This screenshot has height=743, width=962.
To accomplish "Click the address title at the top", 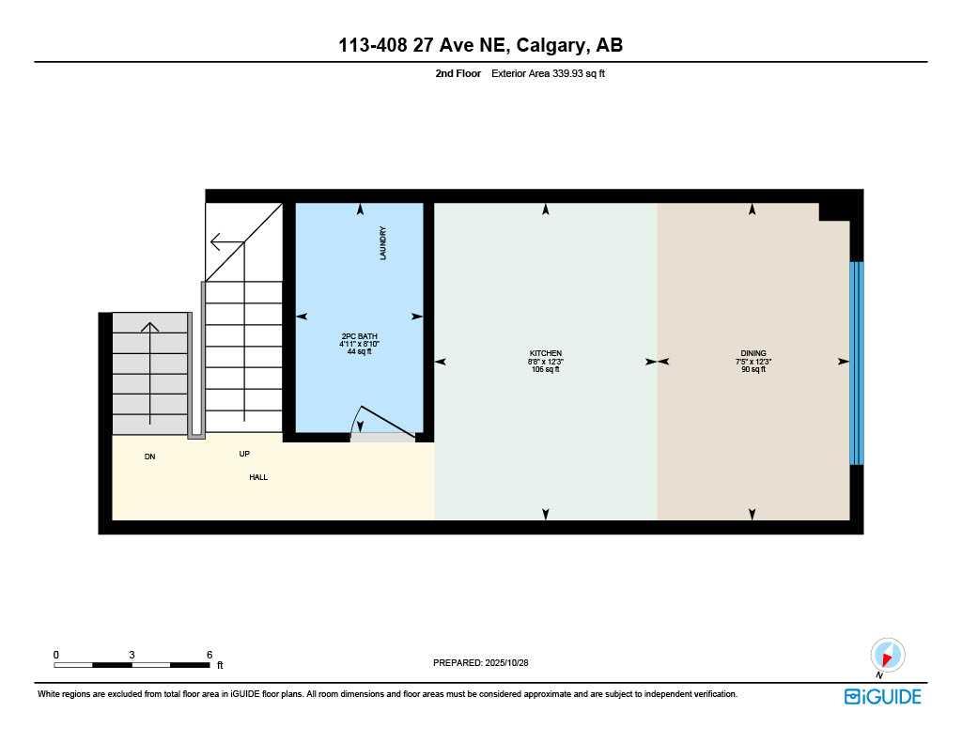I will click(480, 45).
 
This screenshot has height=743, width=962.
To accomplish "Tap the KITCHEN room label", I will click(545, 353).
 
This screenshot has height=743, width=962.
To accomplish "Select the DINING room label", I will click(753, 353).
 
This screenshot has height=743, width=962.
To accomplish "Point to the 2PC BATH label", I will click(359, 336).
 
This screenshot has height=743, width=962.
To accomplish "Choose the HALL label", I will click(258, 477).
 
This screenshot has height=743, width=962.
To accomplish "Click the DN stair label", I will click(149, 457).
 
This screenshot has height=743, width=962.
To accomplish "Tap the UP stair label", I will click(244, 454).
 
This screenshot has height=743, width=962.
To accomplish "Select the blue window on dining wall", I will click(856, 363).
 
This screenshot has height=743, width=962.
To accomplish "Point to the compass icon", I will click(886, 655).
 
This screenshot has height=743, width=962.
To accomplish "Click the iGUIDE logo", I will click(882, 696).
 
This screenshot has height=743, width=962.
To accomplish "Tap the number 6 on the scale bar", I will click(209, 655).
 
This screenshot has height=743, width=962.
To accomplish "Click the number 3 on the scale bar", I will click(132, 655).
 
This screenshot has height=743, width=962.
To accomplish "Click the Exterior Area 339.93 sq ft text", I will click(549, 73).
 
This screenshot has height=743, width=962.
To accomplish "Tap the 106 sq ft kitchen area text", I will click(545, 369).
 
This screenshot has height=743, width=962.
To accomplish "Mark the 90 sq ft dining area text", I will click(753, 369).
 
